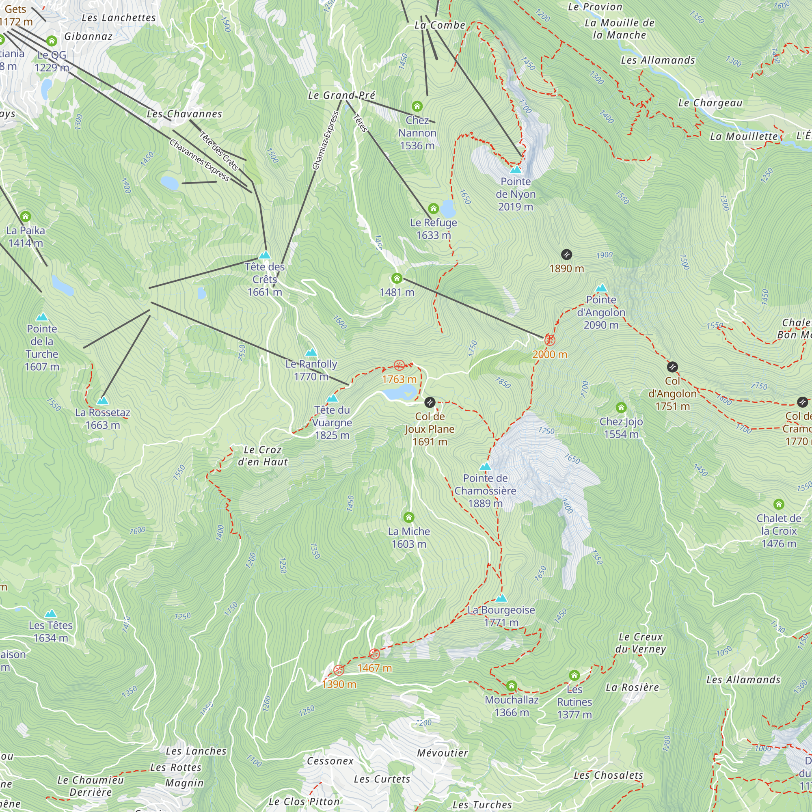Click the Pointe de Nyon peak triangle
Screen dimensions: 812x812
(516, 170)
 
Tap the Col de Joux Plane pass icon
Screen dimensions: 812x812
(430, 402)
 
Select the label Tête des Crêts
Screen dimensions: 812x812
(265, 279)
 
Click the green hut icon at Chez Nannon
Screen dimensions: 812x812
(417, 106)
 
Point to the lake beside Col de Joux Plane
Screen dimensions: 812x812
(397, 394)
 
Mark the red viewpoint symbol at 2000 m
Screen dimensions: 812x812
(550, 340)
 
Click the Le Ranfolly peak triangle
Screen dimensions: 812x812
(311, 352)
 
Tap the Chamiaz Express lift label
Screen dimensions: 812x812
(326, 141)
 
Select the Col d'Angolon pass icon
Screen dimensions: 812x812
(672, 367)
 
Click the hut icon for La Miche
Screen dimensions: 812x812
(409, 517)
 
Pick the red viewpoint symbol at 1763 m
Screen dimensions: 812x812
(399, 365)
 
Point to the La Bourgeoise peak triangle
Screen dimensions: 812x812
(501, 598)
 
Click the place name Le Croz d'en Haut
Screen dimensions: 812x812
(263, 456)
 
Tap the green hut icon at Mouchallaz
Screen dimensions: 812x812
(512, 686)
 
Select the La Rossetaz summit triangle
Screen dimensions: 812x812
(103, 401)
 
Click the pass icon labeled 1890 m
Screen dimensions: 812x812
(566, 254)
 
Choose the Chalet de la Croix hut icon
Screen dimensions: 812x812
(779, 504)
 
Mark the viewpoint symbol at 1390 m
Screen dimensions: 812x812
(339, 670)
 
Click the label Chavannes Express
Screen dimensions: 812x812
(199, 160)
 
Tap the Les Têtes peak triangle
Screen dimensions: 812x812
(51, 613)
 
